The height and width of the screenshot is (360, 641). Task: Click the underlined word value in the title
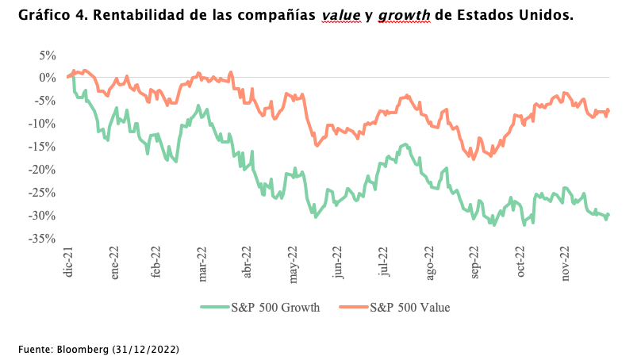coord(342,16)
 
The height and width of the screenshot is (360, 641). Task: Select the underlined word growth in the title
coord(405,16)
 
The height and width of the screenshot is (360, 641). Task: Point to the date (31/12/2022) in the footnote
coord(148,349)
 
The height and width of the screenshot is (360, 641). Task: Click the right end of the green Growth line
coord(608,215)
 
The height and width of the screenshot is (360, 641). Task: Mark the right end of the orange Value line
coord(608,110)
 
